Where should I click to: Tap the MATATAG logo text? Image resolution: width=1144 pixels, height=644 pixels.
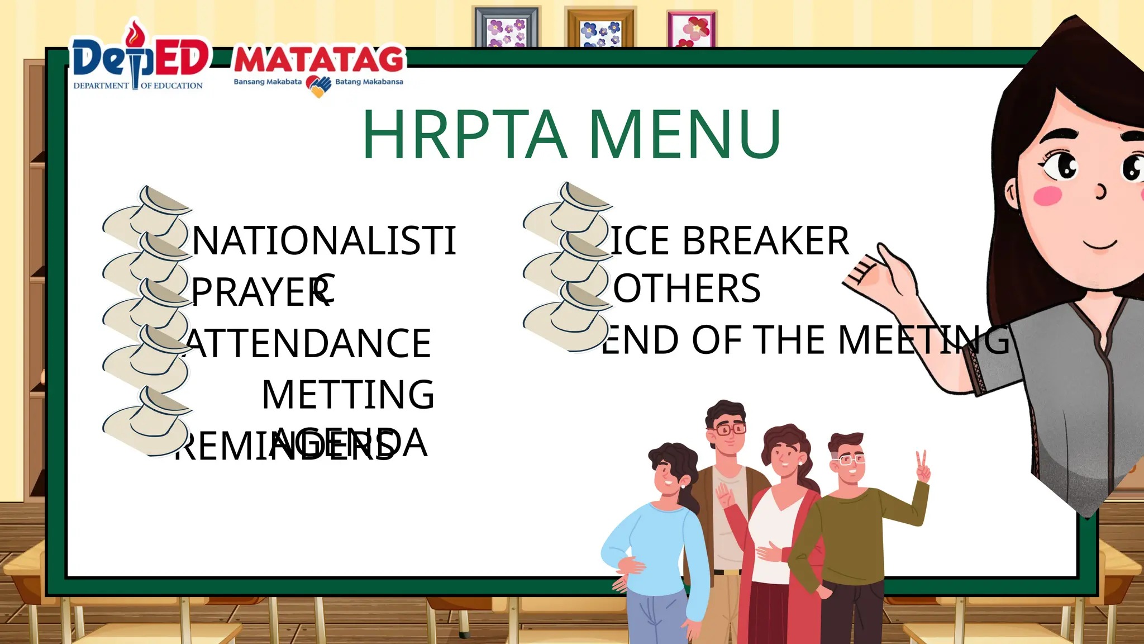pos(319,60)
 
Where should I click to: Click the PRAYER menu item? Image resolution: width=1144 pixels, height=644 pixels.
pos(260,292)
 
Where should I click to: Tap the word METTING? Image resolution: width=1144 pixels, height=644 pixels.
pos(348,395)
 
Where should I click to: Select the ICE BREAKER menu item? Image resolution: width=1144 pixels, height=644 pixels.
pos(730,241)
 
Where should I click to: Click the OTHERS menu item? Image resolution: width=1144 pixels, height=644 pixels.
pos(687,288)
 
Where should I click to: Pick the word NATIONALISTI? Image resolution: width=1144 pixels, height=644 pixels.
pos(324,241)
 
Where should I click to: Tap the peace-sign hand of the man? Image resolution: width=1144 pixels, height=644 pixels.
pos(922,467)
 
